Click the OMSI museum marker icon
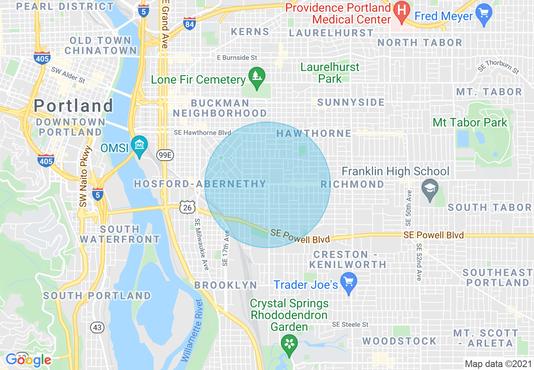coord(139,144)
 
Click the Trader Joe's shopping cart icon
coord(349,282)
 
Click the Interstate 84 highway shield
coord(190,24)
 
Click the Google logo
coord(28,359)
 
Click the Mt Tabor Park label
coord(470,123)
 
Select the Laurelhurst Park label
coord(330,72)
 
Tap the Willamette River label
coord(192,330)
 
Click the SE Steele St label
coord(350,325)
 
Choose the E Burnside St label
coord(237,57)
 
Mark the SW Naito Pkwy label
coord(85,177)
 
